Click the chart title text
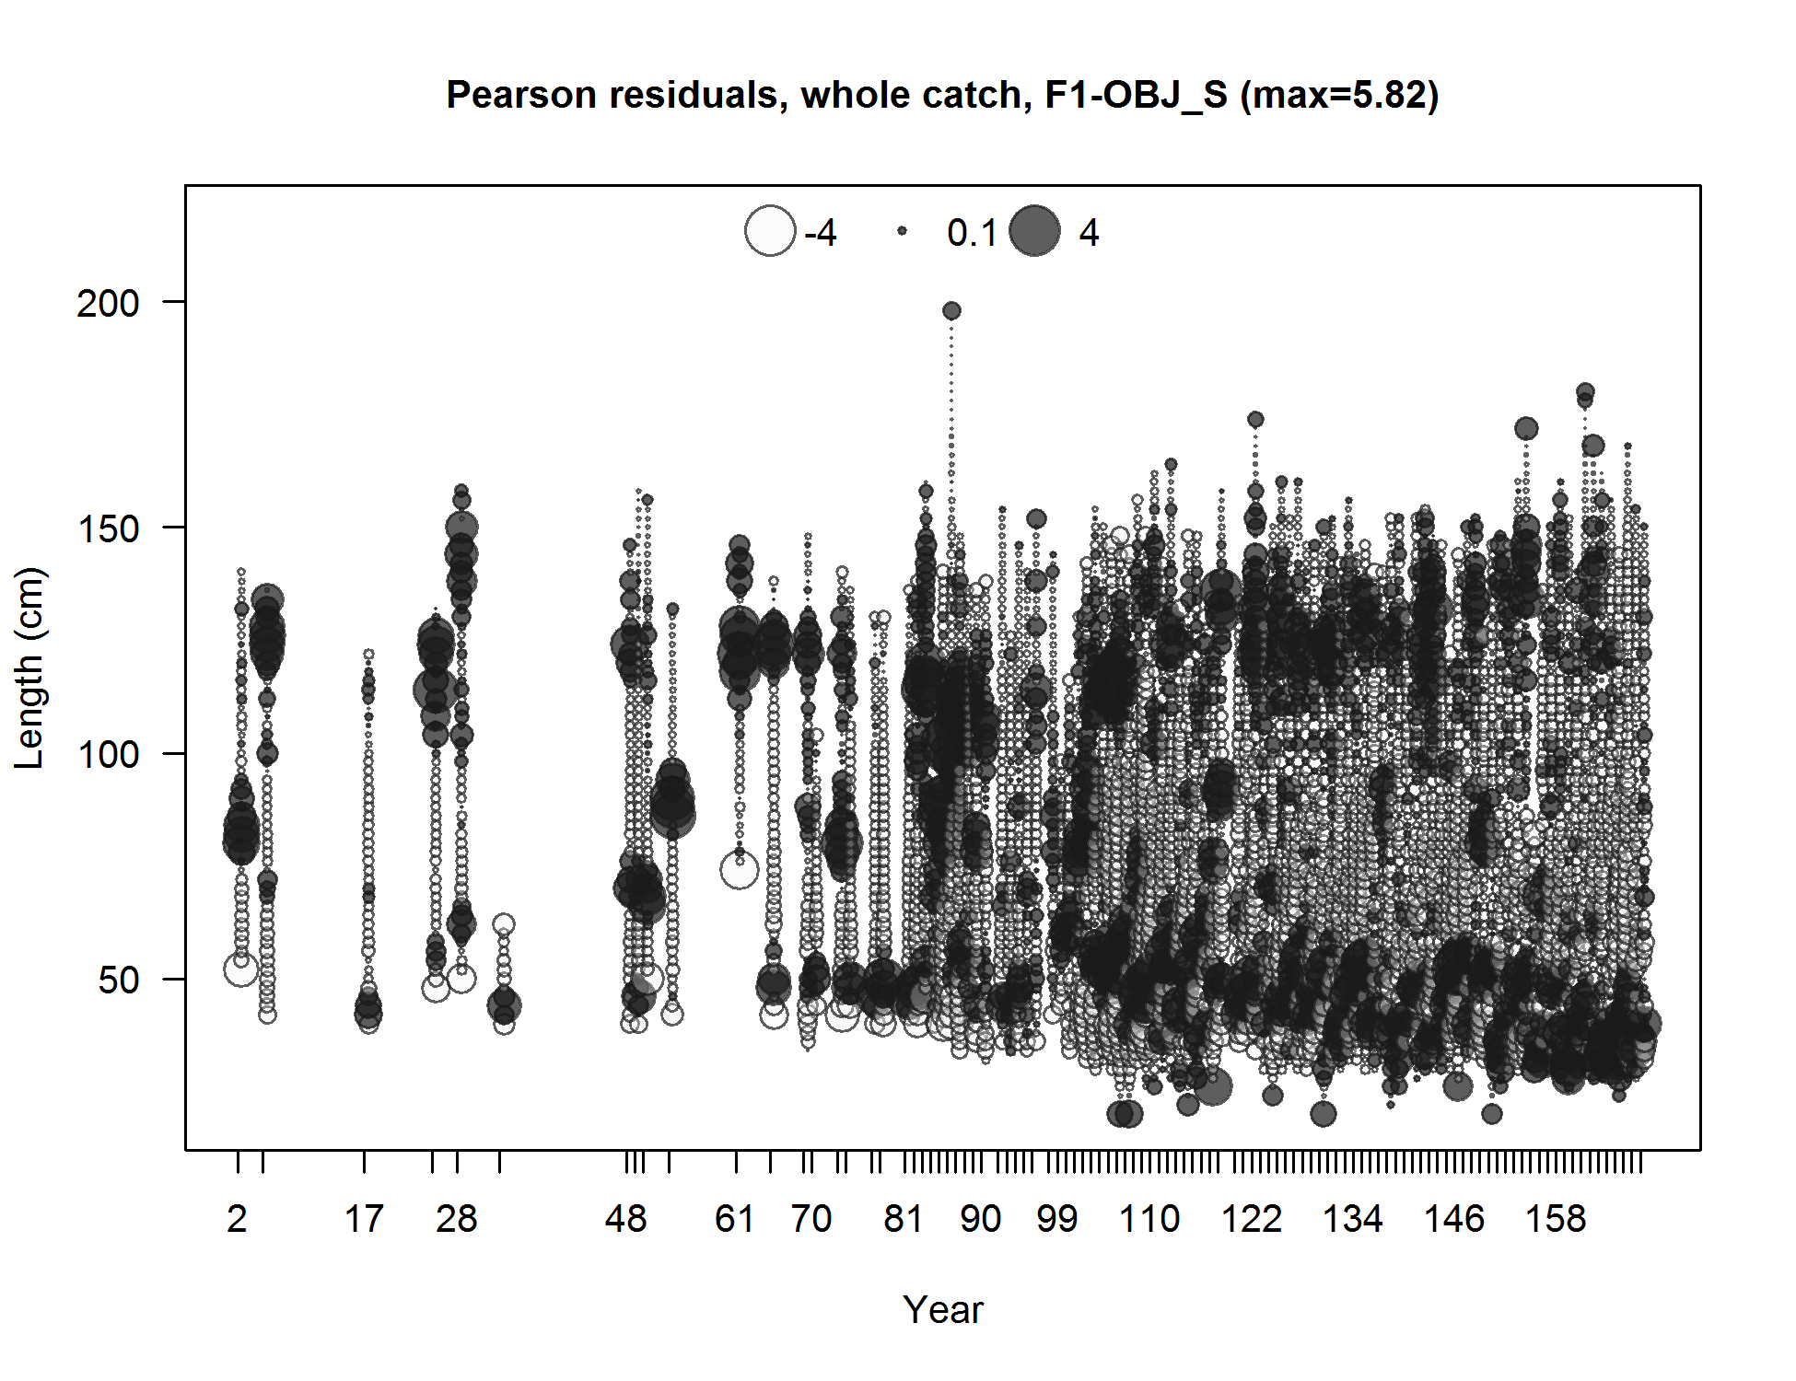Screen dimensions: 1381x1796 [941, 95]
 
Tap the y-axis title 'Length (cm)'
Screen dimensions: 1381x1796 [29, 667]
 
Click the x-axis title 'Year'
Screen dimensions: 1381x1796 [942, 1309]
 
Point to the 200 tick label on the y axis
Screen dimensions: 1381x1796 [108, 303]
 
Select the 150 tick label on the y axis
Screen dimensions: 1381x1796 [108, 528]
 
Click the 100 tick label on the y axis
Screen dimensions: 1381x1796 [108, 755]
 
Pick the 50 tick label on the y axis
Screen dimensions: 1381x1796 [118, 981]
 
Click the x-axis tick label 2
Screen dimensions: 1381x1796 [237, 1219]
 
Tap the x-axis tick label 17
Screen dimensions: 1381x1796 [364, 1219]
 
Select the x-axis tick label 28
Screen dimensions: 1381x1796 [457, 1219]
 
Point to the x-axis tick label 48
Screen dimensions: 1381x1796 [626, 1219]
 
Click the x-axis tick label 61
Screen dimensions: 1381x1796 [735, 1219]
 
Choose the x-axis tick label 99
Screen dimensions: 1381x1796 [1056, 1219]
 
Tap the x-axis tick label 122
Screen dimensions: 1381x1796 [1252, 1219]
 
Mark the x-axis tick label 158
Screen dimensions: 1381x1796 [1556, 1219]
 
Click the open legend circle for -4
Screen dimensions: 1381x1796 [770, 230]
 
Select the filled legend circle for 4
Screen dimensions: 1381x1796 [1035, 230]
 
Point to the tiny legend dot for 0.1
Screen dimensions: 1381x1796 [903, 231]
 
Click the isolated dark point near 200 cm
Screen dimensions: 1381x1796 [951, 311]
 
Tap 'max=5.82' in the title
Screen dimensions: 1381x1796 [1339, 95]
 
